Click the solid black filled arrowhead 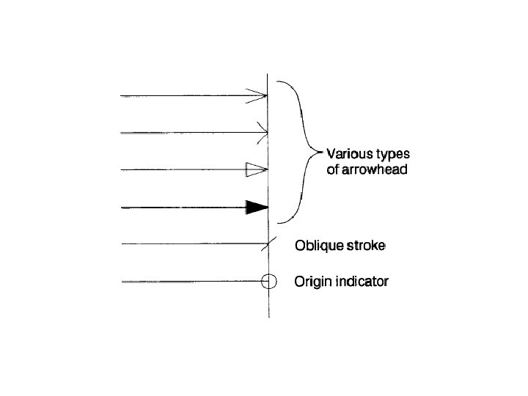point(257,208)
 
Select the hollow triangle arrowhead point(254,170)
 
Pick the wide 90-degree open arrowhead point(259,95)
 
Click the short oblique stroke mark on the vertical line point(269,245)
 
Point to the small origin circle point(269,282)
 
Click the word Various point(350,154)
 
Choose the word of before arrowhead point(333,170)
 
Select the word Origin point(313,282)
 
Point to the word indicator point(362,282)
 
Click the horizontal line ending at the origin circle point(191,282)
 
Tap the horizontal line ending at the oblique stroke point(191,245)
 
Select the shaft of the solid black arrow point(183,208)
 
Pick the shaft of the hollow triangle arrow point(183,170)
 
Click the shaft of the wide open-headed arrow point(183,95)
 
